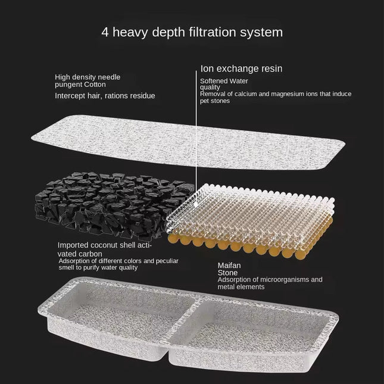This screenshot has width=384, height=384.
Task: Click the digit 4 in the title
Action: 105,32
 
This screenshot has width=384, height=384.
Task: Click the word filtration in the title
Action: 212,32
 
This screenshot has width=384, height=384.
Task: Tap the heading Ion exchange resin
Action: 241,68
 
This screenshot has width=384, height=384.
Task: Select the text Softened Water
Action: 224,81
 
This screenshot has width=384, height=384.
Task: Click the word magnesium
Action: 278,94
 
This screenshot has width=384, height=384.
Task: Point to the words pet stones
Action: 215,101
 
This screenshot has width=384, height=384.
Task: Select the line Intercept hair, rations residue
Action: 105,95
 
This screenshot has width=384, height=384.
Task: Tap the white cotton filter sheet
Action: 188,142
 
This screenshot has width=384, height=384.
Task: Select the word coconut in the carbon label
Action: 104,245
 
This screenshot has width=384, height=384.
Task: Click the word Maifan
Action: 229,266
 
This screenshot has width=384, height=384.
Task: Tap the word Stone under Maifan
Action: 227,273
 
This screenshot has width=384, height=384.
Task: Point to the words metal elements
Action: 241,287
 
